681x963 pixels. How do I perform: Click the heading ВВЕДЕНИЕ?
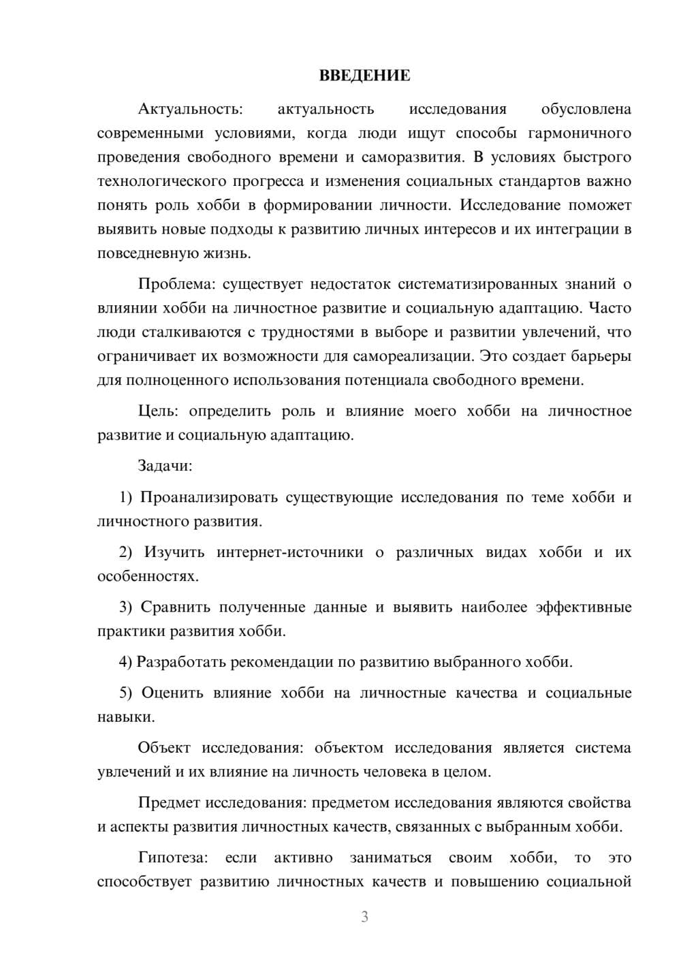pos(364,76)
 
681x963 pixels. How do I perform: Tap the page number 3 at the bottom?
pos(364,917)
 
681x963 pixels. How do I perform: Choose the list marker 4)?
pos(125,662)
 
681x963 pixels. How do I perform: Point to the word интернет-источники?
pos(290,552)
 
